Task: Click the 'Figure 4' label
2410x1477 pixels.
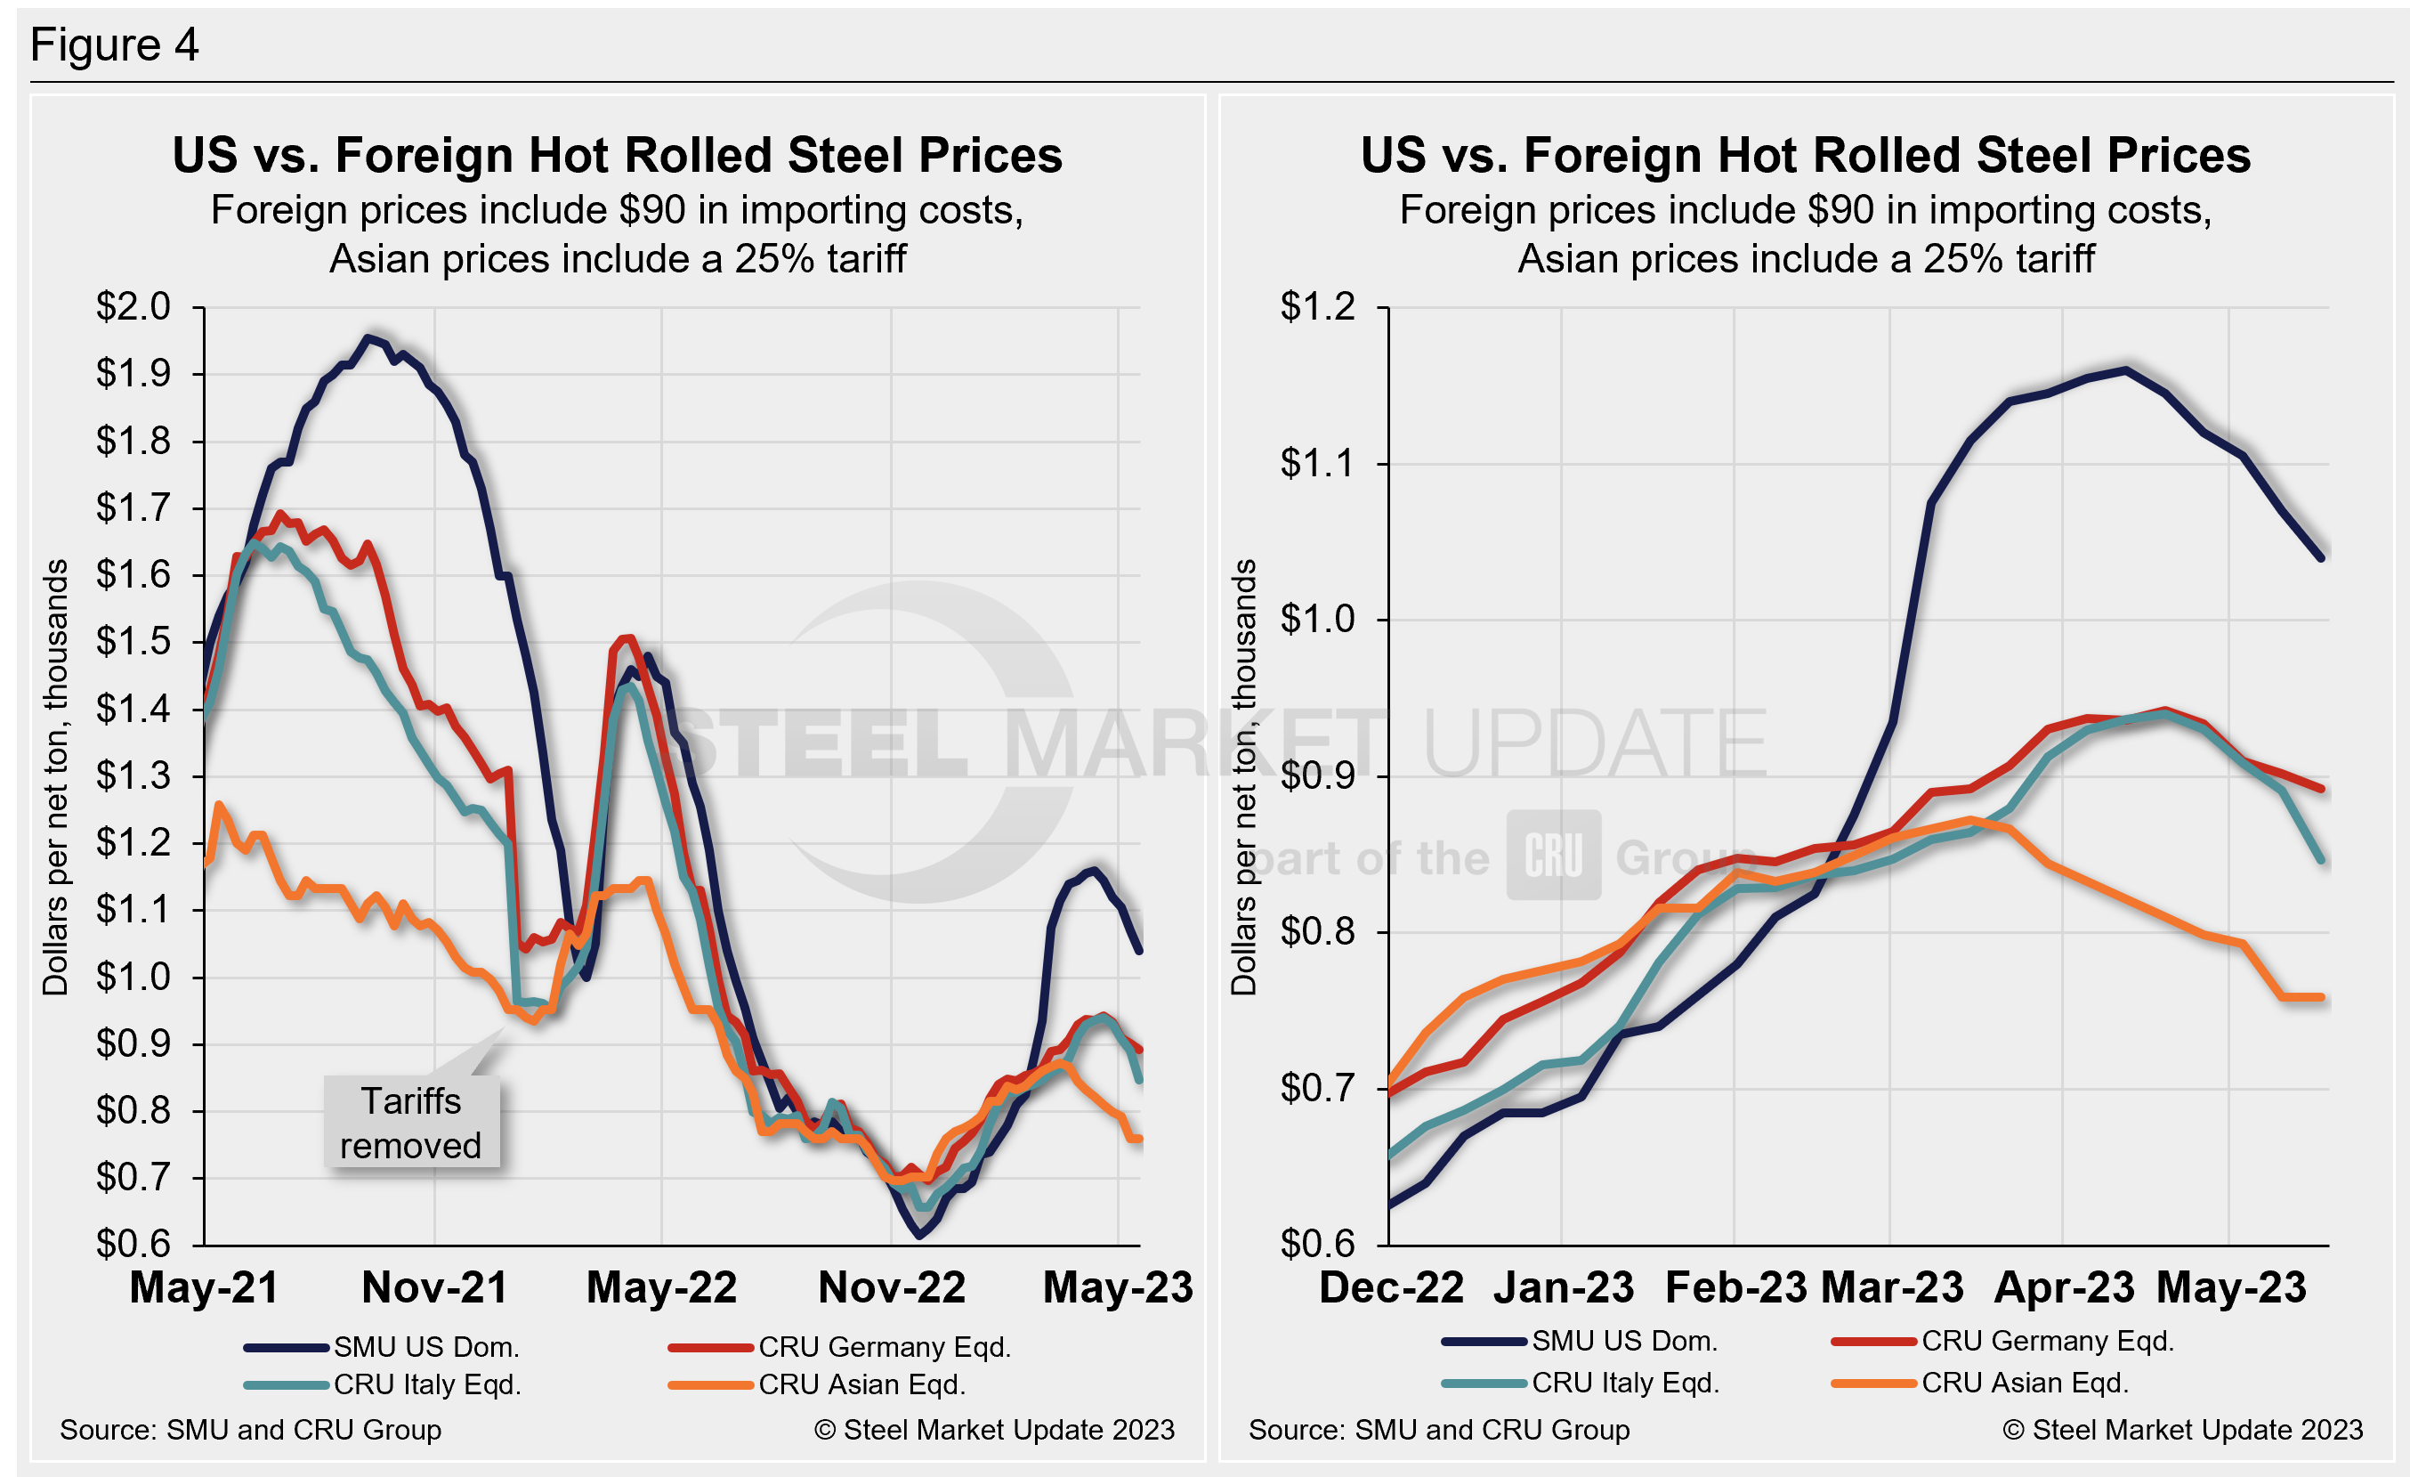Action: click(115, 45)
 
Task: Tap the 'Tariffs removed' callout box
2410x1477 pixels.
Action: click(411, 1123)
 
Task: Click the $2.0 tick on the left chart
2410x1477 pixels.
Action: click(133, 307)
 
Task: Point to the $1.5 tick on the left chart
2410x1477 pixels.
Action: click(133, 642)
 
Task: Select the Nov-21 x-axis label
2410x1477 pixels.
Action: click(434, 1288)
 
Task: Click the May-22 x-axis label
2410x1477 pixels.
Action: click(661, 1288)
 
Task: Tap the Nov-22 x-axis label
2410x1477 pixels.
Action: click(891, 1288)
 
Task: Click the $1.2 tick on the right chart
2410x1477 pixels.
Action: click(1317, 307)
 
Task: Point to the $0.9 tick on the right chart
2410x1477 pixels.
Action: click(1317, 775)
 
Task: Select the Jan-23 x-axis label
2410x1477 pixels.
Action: click(1563, 1288)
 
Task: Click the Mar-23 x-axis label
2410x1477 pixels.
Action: click(1892, 1288)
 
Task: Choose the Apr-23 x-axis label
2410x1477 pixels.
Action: click(2064, 1288)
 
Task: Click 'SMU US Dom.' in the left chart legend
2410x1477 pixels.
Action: click(425, 1347)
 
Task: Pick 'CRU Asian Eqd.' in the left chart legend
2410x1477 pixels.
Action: click(861, 1384)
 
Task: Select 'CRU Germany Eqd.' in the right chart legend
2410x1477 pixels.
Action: click(2047, 1341)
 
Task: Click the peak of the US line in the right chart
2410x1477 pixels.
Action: click(2124, 369)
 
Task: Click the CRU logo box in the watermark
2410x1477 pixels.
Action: click(1553, 855)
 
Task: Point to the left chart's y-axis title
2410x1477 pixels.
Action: click(56, 776)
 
